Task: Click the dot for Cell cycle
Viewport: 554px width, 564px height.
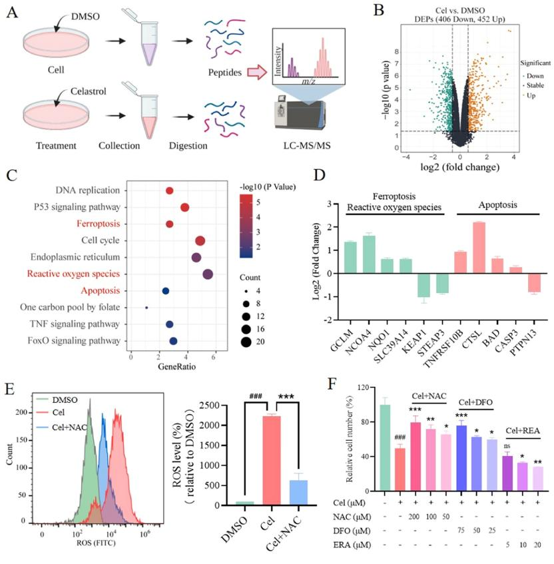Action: click(x=200, y=240)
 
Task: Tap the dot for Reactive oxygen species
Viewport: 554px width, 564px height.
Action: click(x=208, y=274)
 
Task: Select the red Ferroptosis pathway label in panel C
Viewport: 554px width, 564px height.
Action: click(x=99, y=224)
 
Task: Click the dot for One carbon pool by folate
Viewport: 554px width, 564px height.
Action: click(x=146, y=308)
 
